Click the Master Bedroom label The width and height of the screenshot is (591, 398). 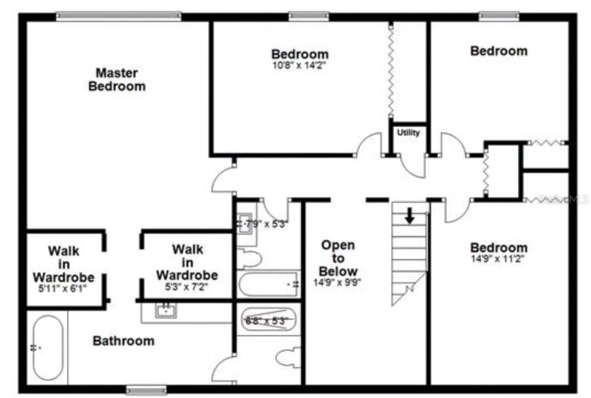click(x=117, y=79)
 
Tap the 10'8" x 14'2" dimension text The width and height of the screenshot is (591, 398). click(x=299, y=65)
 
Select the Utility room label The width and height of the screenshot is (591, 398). click(x=408, y=133)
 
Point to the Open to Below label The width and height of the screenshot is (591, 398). click(x=339, y=258)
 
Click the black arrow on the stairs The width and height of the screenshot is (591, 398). click(x=409, y=216)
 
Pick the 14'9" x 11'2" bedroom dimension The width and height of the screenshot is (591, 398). click(x=498, y=258)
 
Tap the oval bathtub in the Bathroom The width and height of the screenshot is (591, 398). click(x=48, y=347)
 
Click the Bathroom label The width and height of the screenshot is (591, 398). click(x=123, y=341)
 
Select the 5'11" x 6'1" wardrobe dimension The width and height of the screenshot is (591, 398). click(x=63, y=287)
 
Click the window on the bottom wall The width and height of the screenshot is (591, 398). click(x=146, y=390)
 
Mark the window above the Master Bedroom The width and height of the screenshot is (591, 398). click(x=119, y=17)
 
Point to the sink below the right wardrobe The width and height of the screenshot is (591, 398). click(x=165, y=311)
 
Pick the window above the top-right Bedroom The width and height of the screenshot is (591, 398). click(x=498, y=17)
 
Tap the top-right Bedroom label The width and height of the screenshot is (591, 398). click(x=498, y=51)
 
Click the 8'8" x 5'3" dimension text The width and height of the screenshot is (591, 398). click(x=267, y=320)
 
